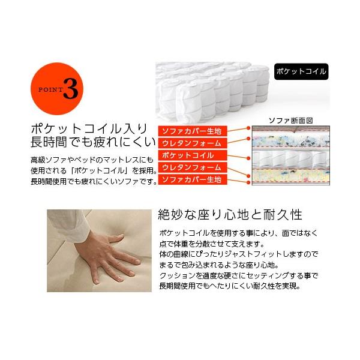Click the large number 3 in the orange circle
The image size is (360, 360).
tap(71, 89)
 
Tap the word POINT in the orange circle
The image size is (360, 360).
tap(50, 89)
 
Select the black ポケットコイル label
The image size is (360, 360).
tap(301, 71)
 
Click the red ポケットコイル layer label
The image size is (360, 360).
tap(193, 155)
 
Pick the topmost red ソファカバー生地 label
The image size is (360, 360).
tap(193, 131)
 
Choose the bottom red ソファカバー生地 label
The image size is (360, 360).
tap(193, 179)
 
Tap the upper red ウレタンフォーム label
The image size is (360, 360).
tap(193, 143)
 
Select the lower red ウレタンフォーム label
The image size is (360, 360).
tap(193, 167)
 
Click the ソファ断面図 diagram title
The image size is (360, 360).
tap(290, 121)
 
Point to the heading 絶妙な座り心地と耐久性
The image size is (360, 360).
tap(230, 215)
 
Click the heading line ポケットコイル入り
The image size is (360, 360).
tap(89, 129)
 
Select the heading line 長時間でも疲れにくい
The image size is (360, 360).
tap(93, 142)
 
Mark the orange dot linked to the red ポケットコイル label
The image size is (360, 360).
tap(248, 158)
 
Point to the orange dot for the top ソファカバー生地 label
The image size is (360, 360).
tap(248, 128)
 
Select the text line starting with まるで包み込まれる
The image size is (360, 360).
tap(219, 265)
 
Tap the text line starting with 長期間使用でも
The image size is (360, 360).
tap(230, 286)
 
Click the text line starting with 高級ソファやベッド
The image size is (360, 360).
tap(92, 160)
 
